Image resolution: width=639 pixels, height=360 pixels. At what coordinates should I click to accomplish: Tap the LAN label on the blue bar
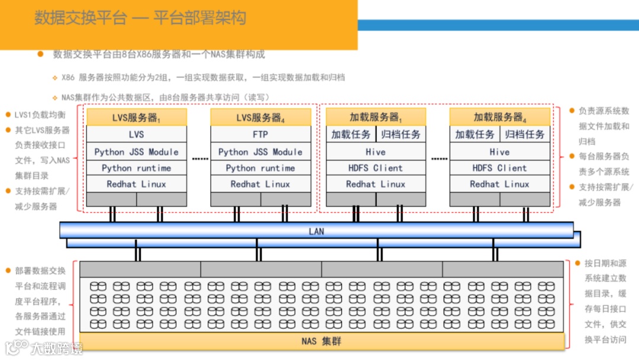[x=317, y=231]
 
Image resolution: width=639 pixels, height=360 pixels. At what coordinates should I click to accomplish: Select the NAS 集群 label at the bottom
[x=321, y=341]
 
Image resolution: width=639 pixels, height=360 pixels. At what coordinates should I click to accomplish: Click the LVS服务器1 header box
[x=137, y=117]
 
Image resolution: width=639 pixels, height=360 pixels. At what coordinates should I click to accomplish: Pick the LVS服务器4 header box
[x=260, y=117]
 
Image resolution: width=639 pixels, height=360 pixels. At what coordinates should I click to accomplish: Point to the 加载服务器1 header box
[x=376, y=117]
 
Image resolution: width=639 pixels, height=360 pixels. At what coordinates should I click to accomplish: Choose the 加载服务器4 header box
[x=500, y=117]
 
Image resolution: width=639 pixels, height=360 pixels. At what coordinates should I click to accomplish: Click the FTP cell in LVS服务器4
[x=260, y=134]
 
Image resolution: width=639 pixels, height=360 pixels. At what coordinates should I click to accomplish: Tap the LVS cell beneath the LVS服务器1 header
[x=137, y=134]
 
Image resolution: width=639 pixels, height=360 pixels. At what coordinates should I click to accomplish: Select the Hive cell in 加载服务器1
[x=376, y=152]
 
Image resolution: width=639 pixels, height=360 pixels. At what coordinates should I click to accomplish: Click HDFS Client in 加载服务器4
[x=500, y=168]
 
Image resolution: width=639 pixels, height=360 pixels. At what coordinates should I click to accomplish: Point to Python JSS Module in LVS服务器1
[x=137, y=152]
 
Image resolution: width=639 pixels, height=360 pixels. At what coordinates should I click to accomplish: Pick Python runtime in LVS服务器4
[x=260, y=168]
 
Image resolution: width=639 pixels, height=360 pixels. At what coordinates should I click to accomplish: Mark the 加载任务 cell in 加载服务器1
[x=351, y=134]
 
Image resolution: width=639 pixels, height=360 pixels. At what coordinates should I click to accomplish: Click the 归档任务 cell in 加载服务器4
[x=525, y=134]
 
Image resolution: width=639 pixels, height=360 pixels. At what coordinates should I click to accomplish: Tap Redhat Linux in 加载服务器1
[x=376, y=184]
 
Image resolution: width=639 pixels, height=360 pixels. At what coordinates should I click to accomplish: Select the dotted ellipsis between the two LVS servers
[x=201, y=159]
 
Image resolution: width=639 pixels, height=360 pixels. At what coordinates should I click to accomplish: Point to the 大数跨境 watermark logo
[x=44, y=347]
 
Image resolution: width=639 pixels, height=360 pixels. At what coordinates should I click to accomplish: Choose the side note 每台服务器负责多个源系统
[x=603, y=164]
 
